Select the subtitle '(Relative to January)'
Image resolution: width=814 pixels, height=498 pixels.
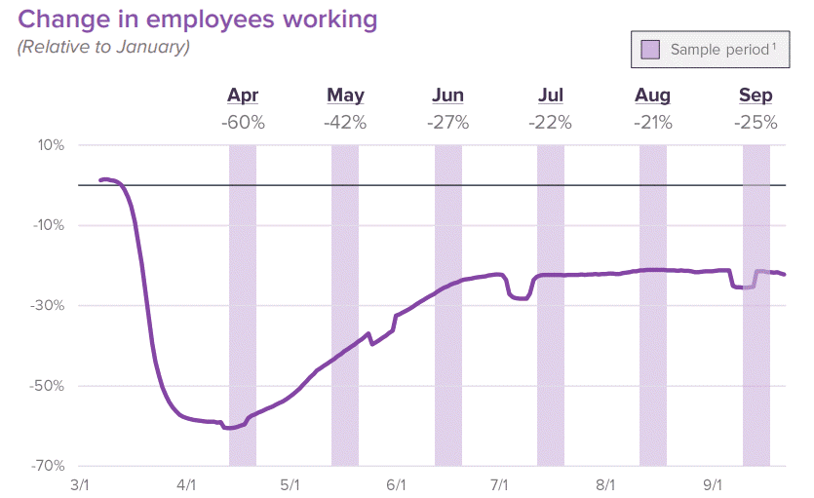[103, 47]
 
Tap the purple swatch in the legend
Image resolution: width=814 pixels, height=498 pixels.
[650, 49]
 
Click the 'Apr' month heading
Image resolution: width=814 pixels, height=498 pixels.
[243, 96]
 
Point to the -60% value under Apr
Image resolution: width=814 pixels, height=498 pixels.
[243, 123]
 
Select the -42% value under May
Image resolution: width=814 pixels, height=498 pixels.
[345, 123]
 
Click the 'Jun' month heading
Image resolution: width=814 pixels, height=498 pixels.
[447, 96]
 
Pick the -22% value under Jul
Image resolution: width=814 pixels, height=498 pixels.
[550, 123]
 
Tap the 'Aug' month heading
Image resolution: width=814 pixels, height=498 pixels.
[652, 96]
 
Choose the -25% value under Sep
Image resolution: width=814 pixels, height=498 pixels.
[756, 123]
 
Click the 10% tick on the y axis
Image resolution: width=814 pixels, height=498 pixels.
[51, 145]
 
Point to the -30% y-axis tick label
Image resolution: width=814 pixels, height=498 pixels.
[48, 305]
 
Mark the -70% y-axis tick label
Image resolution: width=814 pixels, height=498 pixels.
[48, 465]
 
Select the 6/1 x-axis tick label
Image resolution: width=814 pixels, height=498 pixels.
[396, 484]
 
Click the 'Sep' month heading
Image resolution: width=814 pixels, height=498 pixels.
[756, 96]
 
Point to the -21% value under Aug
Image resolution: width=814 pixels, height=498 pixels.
[652, 123]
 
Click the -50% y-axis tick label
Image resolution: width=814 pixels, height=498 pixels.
[48, 385]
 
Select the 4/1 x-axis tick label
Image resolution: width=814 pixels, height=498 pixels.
[185, 484]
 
